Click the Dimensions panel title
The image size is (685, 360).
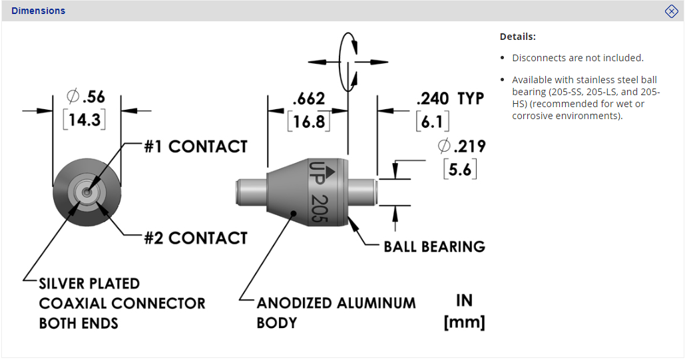38,11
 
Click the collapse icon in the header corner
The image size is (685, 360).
671,11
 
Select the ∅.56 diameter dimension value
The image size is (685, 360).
86,97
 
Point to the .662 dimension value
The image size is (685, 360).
308,100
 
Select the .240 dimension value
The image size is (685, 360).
433,99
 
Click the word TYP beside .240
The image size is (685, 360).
470,99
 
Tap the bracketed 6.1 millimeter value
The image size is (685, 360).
433,122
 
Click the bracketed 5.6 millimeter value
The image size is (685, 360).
460,170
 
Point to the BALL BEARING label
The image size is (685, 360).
434,247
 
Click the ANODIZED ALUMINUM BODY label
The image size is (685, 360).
336,313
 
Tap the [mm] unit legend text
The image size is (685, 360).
464,323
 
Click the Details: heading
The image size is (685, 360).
517,37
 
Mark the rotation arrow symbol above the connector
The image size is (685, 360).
348,61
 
